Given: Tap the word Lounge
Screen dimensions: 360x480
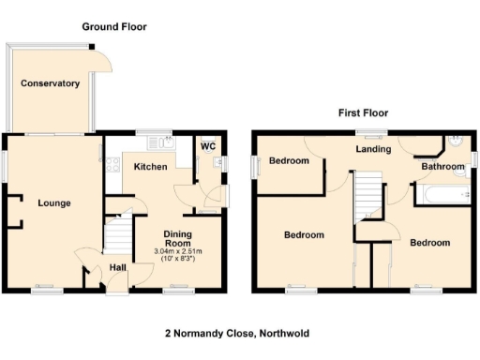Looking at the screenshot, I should tap(53, 202).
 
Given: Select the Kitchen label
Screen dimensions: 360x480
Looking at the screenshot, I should tap(150, 167).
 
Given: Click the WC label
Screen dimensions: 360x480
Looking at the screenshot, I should tap(207, 146).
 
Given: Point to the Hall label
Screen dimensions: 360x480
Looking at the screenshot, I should tap(117, 268).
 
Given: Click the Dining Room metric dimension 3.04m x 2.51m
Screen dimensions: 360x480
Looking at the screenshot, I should tap(178, 251).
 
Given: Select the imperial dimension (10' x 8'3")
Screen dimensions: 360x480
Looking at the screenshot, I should tap(178, 259).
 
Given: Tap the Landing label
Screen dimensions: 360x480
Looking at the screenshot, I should tap(372, 148).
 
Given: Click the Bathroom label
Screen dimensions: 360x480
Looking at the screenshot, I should tap(442, 167).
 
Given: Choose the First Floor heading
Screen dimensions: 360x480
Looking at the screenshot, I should tap(364, 113).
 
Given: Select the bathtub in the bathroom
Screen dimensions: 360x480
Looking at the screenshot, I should tap(442, 194).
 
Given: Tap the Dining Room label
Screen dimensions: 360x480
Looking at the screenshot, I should tap(178, 238).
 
